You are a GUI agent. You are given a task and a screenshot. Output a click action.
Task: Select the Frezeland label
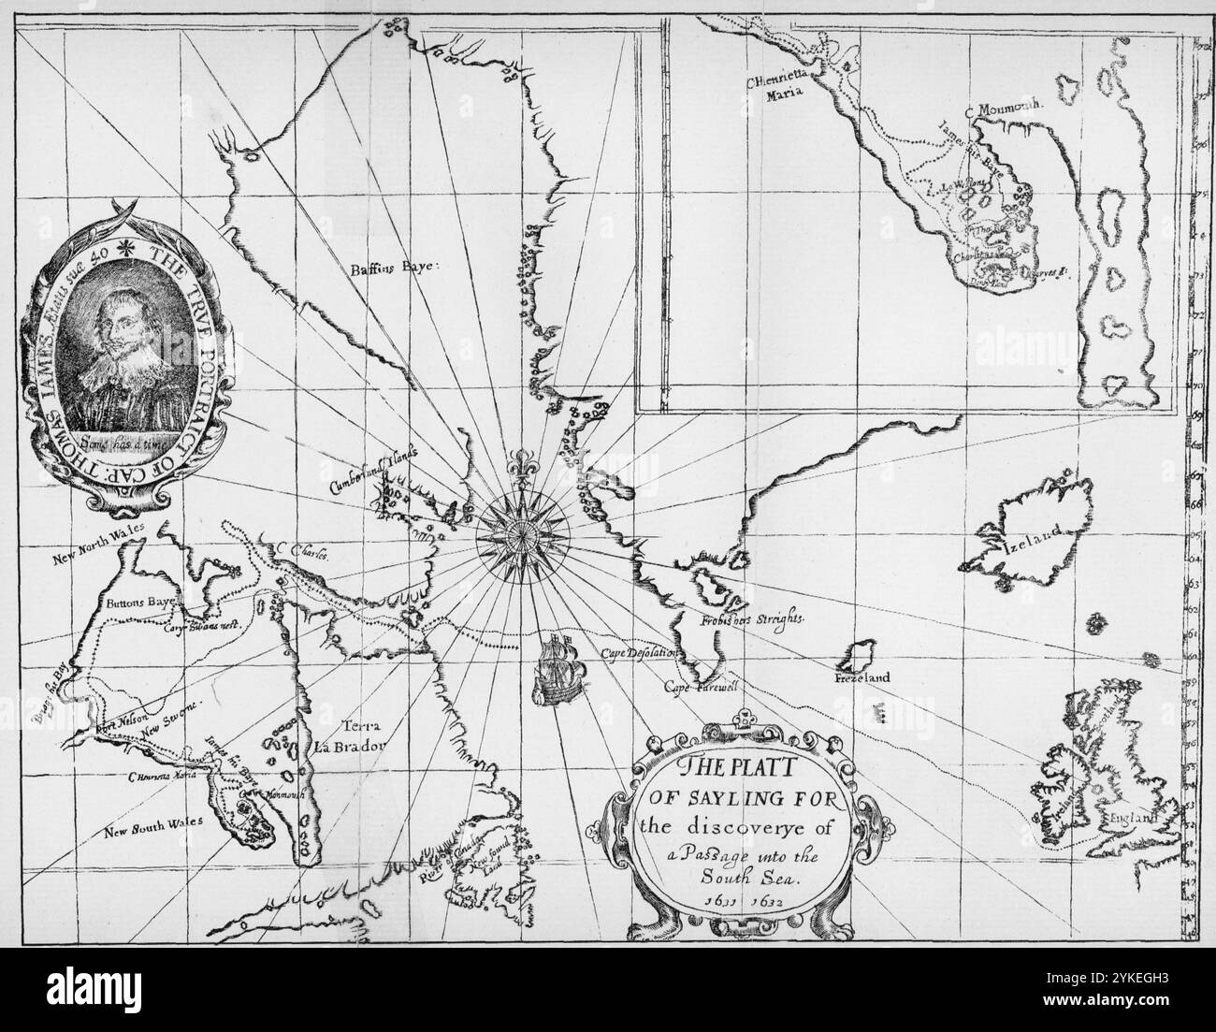tap(861, 676)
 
